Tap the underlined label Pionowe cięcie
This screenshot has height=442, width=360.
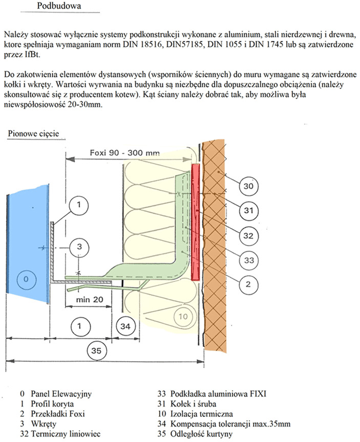pos(33,134)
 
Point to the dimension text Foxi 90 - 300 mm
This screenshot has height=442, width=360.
pos(124,153)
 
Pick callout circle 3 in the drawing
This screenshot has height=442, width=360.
pos(79,247)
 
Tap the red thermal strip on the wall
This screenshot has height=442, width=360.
pos(196,220)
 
